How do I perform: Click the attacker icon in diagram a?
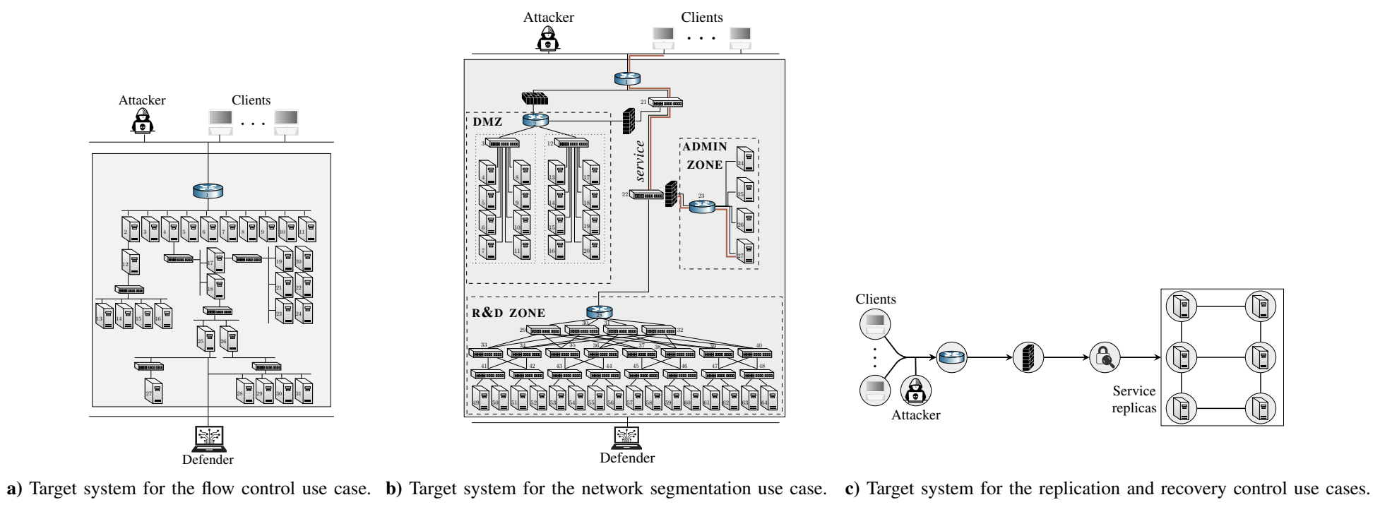coord(143,121)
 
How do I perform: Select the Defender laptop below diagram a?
coord(208,439)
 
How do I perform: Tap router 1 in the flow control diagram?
coord(208,191)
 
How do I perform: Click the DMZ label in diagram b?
coord(488,121)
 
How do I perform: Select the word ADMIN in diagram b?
coord(704,147)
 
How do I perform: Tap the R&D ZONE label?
coord(508,312)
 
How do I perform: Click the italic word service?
coord(640,161)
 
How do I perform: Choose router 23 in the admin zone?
coord(701,206)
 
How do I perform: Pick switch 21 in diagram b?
coord(667,103)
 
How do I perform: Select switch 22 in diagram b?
coord(647,196)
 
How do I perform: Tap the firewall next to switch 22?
coord(671,193)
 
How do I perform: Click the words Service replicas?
coord(1134,399)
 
